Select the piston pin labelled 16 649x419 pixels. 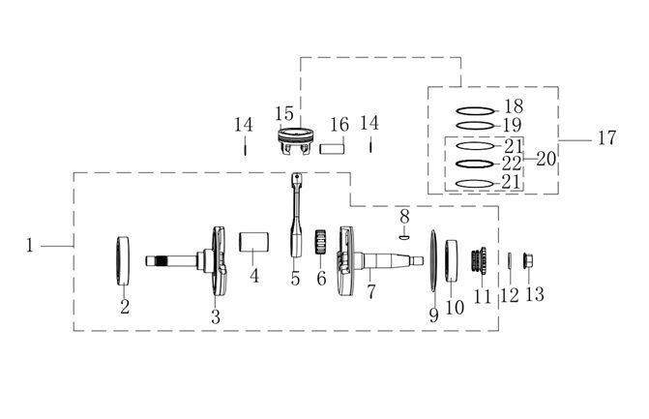coord(332,148)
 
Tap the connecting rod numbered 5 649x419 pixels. coord(297,215)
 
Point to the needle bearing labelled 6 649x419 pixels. coord(322,242)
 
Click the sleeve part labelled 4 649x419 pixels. coord(253,242)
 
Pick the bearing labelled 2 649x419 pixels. coord(123,260)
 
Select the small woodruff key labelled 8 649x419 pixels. coord(404,237)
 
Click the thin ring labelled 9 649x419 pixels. coord(433,261)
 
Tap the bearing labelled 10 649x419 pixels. coord(452,261)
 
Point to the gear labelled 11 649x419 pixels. coord(479,260)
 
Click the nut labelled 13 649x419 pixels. coord(528,260)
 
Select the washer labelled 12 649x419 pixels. coord(510,260)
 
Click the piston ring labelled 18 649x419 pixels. coord(475,111)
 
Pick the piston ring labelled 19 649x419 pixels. coord(475,126)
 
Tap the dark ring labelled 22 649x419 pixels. coord(475,164)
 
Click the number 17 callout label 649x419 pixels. coord(606,137)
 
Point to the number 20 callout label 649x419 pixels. coord(546,159)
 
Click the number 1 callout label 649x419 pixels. coord(29,245)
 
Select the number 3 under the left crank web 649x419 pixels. coord(216,316)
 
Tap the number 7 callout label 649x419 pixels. coord(371,292)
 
